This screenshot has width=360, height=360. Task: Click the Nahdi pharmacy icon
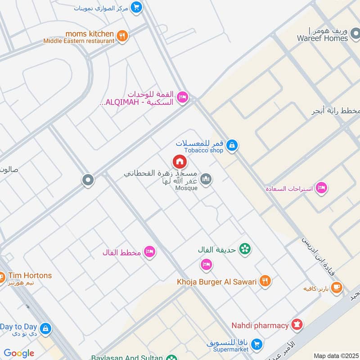click(x=297, y=324)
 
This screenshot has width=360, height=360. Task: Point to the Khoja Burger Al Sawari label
click(x=216, y=282)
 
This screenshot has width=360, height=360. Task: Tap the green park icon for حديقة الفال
click(x=245, y=248)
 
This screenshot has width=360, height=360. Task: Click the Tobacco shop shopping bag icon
click(x=232, y=145)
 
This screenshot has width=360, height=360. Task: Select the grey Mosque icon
click(x=206, y=179)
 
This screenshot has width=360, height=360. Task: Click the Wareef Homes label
click(x=322, y=38)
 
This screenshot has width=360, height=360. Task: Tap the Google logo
click(x=19, y=353)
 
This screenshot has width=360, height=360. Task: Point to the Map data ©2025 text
click(x=335, y=356)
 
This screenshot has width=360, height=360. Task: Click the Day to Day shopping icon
click(x=45, y=329)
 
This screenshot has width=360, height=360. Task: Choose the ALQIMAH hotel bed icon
click(x=182, y=98)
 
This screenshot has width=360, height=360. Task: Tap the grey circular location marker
click(x=88, y=180)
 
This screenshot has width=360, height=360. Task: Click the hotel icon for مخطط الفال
click(x=150, y=252)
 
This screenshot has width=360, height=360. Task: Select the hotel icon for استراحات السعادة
click(x=321, y=188)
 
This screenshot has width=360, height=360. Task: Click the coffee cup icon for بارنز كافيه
click(x=336, y=287)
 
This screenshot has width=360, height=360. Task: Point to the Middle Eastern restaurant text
click(x=79, y=41)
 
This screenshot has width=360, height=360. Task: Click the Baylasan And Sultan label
click(x=126, y=357)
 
